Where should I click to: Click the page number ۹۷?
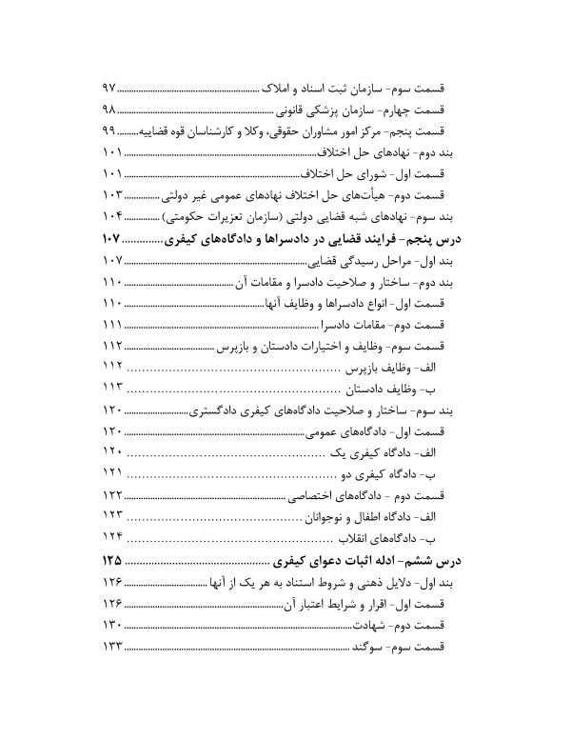tap(108, 87)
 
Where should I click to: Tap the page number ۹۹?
tap(108, 131)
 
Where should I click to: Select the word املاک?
tap(277, 87)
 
